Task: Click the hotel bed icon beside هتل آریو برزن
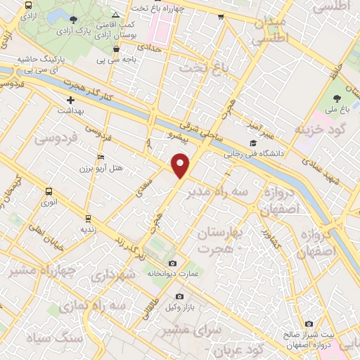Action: coord(102,157)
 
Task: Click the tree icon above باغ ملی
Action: coord(335,98)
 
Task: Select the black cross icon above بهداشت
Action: coord(70,101)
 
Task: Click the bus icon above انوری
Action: coord(48,192)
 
